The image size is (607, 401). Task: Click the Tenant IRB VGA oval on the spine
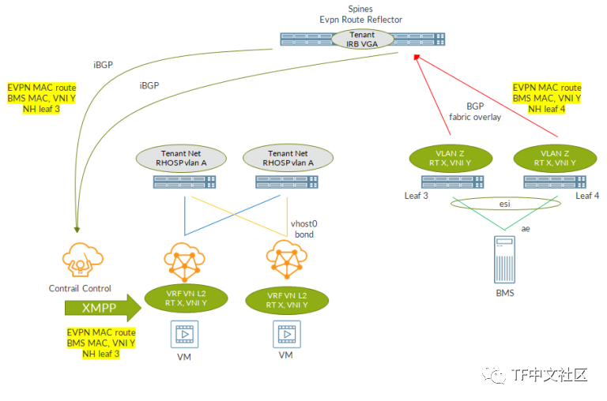point(363,39)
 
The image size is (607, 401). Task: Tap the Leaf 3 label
point(417,196)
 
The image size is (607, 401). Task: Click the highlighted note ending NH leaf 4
point(547,98)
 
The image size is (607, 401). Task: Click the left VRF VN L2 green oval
point(187,297)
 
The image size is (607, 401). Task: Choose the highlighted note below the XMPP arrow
point(100,343)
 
